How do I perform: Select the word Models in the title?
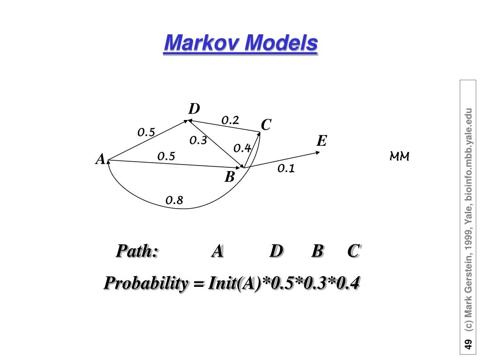pyautogui.click(x=281, y=42)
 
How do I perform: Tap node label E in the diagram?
pyautogui.click(x=322, y=141)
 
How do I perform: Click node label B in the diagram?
pyautogui.click(x=230, y=177)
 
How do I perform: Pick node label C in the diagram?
pyautogui.click(x=266, y=125)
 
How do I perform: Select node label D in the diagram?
pyautogui.click(x=194, y=109)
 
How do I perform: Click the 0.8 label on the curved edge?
pyautogui.click(x=174, y=200)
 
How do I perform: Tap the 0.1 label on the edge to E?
pyautogui.click(x=286, y=168)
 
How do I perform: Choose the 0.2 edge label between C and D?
pyautogui.click(x=230, y=120)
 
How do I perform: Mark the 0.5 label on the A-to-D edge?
pyautogui.click(x=146, y=132)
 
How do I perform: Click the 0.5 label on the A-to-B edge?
pyautogui.click(x=166, y=157)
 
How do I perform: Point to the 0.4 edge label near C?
pyautogui.click(x=242, y=148)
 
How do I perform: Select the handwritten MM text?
pyautogui.click(x=399, y=157)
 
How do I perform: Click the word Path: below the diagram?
pyautogui.click(x=137, y=251)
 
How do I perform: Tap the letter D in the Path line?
pyautogui.click(x=276, y=251)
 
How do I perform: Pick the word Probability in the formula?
pyautogui.click(x=146, y=283)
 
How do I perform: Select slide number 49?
pyautogui.click(x=468, y=344)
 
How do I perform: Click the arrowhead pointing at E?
pyautogui.click(x=318, y=152)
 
